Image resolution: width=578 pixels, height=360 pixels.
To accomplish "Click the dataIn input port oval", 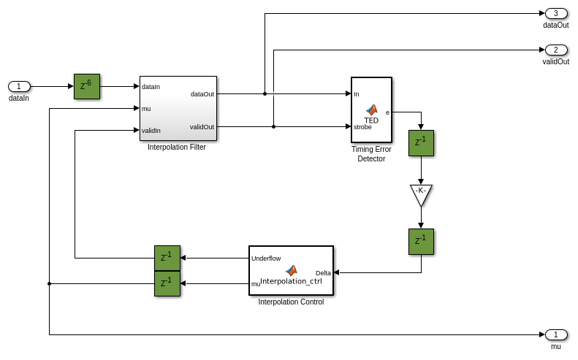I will click(x=19, y=86).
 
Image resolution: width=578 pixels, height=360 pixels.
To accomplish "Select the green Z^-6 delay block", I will click(x=86, y=86).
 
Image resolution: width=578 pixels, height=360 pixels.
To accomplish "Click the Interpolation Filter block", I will click(x=178, y=108).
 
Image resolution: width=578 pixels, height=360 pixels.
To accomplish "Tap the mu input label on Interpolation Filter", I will click(x=146, y=109).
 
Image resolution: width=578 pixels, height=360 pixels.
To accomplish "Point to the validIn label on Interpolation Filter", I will click(x=151, y=131).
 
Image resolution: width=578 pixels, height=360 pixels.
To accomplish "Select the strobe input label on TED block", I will click(x=362, y=127).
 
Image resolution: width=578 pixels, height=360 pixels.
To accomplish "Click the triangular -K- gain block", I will click(x=421, y=194).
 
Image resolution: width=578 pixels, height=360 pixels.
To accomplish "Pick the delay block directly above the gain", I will click(x=421, y=143).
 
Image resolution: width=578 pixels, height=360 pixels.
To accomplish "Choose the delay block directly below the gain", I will click(x=421, y=242).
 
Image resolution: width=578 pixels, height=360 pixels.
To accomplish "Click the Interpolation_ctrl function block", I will click(x=291, y=270).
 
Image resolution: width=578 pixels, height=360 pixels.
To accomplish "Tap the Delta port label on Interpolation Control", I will click(x=323, y=273).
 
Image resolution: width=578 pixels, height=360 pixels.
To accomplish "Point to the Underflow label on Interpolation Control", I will click(x=266, y=258).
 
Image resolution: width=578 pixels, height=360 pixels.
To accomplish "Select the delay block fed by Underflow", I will click(x=167, y=258).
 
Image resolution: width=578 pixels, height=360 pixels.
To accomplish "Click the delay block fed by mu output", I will click(x=167, y=283).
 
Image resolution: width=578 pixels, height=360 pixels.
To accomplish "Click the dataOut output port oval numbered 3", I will click(x=555, y=13).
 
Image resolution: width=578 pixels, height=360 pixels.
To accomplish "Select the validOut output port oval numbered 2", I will click(x=555, y=50).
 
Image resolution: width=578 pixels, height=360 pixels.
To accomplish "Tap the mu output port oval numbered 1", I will click(x=555, y=334).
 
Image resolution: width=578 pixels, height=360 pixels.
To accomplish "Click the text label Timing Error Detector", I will click(x=371, y=154).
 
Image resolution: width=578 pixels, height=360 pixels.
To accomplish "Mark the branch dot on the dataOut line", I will click(x=265, y=93).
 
